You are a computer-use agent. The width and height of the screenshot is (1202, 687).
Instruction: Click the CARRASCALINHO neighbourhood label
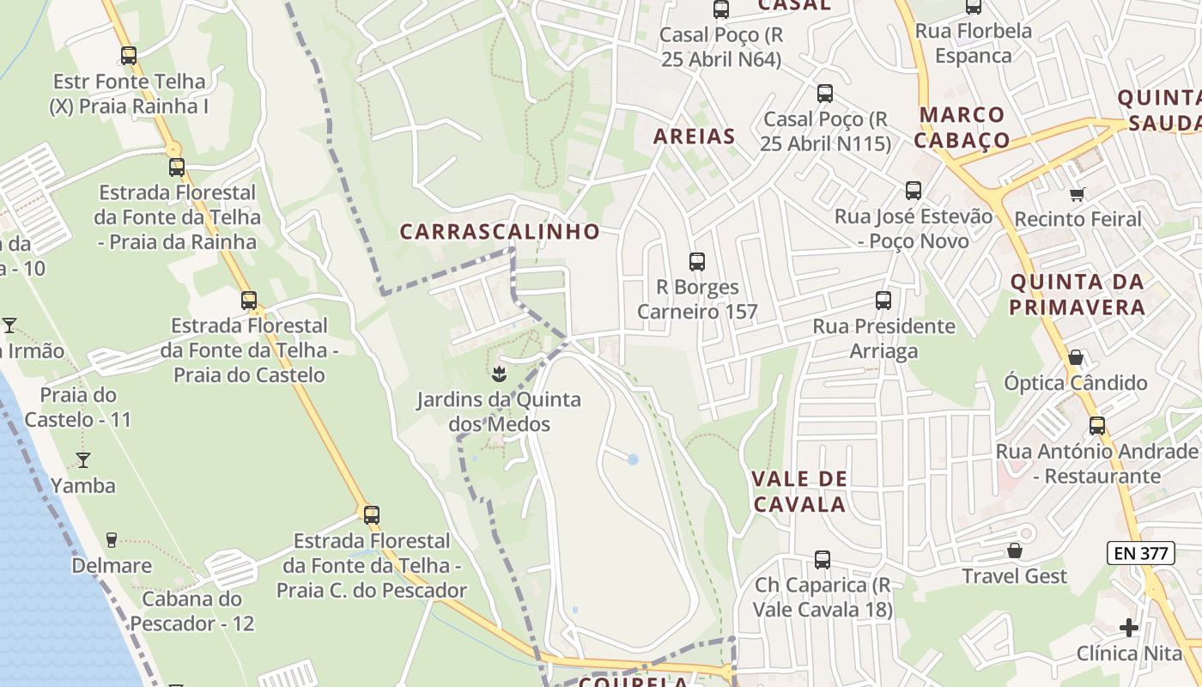pos(500,232)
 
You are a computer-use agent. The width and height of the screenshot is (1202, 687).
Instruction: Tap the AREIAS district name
pos(694,136)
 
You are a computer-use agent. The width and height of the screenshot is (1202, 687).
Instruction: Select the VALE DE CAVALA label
pos(799,491)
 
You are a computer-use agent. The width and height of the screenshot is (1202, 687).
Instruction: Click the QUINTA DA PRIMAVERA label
pos(1077,294)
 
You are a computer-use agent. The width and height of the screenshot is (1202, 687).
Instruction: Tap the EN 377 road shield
pos(1140,554)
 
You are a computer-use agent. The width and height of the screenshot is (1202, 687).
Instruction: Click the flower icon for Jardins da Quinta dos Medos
pos(498,374)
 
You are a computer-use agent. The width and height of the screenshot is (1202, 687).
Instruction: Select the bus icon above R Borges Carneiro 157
pos(697,262)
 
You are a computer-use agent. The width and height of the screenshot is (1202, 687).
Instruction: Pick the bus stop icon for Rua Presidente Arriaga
pos(883,301)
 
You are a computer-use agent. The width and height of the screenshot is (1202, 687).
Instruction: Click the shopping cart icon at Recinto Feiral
pos(1078,194)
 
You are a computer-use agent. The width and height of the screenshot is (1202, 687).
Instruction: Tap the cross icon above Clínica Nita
pos(1129,628)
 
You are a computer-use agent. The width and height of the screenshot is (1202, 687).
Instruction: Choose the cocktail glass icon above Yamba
pos(83,460)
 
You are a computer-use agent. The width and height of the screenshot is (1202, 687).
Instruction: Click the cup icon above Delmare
pos(111,540)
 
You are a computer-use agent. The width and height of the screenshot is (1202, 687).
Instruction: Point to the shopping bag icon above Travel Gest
pos(1015,550)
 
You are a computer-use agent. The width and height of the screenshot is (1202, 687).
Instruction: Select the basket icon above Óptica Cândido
pos(1076,357)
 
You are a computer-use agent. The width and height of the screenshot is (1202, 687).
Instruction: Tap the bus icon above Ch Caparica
pos(823,560)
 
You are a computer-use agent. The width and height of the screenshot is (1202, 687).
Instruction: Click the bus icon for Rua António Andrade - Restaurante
pos(1097,425)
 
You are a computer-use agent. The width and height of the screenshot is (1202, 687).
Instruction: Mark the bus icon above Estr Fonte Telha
pos(129,56)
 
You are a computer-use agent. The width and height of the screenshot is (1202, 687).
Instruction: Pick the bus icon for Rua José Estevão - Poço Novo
pos(914,191)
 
